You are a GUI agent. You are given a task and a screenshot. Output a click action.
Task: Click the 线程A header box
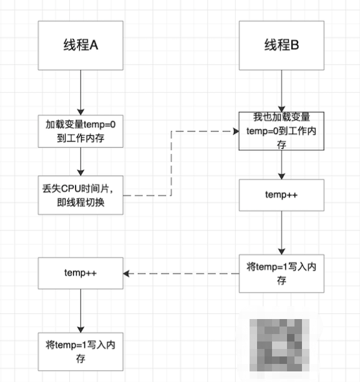[x=80, y=45]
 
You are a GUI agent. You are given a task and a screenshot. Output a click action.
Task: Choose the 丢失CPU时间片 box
[x=80, y=196]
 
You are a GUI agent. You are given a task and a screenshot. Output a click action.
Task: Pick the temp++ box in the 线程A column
[x=80, y=273]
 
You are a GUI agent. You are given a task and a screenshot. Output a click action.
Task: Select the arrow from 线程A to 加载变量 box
[x=80, y=91]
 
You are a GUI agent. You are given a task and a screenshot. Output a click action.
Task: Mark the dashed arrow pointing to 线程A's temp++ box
[x=181, y=273]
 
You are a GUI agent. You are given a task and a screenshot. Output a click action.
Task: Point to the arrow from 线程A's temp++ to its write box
[x=80, y=312]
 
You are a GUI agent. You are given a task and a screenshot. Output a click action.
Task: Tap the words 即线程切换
[x=80, y=203]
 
